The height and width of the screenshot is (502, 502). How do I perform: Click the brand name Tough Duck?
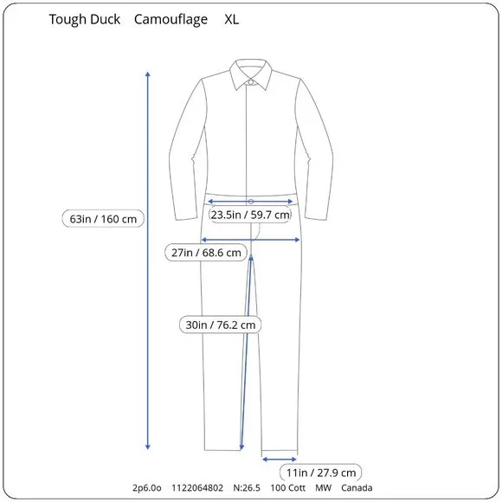click(x=85, y=20)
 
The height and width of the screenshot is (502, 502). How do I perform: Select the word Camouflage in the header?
click(x=171, y=20)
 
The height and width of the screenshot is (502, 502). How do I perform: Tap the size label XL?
click(x=231, y=20)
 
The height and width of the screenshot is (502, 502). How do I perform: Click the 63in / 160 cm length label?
click(x=103, y=219)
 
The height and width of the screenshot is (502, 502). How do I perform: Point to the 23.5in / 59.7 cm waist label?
click(x=250, y=215)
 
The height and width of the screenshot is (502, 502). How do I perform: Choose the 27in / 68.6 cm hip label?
click(x=206, y=253)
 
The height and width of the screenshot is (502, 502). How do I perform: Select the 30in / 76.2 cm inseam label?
click(x=220, y=325)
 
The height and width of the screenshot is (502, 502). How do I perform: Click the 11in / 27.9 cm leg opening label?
click(x=321, y=473)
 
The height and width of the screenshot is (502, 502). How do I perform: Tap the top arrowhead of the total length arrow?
click(x=148, y=74)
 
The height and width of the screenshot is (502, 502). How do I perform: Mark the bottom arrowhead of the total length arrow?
click(x=148, y=447)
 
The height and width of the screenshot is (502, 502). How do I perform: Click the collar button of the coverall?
click(x=251, y=82)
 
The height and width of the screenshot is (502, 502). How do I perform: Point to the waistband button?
click(x=251, y=202)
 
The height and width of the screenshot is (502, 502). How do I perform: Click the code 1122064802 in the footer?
click(x=197, y=488)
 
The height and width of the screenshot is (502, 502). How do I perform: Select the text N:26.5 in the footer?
click(x=247, y=488)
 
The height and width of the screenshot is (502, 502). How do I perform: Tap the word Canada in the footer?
click(x=357, y=488)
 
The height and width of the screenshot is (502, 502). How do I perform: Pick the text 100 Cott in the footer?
click(x=288, y=488)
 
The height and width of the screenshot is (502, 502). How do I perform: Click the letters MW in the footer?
click(x=323, y=488)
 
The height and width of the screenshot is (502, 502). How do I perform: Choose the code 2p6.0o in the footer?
click(x=147, y=488)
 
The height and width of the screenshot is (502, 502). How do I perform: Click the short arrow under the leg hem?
click(x=280, y=460)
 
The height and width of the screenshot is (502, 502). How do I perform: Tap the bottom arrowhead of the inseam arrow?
click(x=241, y=447)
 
